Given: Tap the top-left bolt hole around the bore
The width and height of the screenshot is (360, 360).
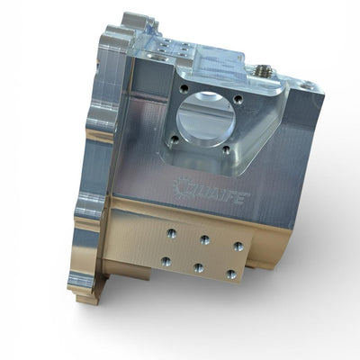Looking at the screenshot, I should click(184, 88).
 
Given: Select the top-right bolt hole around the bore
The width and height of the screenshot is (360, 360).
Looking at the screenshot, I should click(238, 99).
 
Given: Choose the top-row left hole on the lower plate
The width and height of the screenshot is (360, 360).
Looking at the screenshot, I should click(171, 232).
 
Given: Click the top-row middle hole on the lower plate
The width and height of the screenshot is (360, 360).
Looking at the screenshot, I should click(204, 239).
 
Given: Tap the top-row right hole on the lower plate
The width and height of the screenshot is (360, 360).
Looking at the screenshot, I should click(238, 246).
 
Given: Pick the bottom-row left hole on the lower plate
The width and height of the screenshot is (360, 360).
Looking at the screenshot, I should click(166, 261).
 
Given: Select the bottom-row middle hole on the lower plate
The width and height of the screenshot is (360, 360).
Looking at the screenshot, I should click(198, 267).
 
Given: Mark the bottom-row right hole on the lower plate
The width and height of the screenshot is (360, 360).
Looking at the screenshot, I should click(231, 274).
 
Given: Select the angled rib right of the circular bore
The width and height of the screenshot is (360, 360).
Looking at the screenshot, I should click(261, 130).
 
